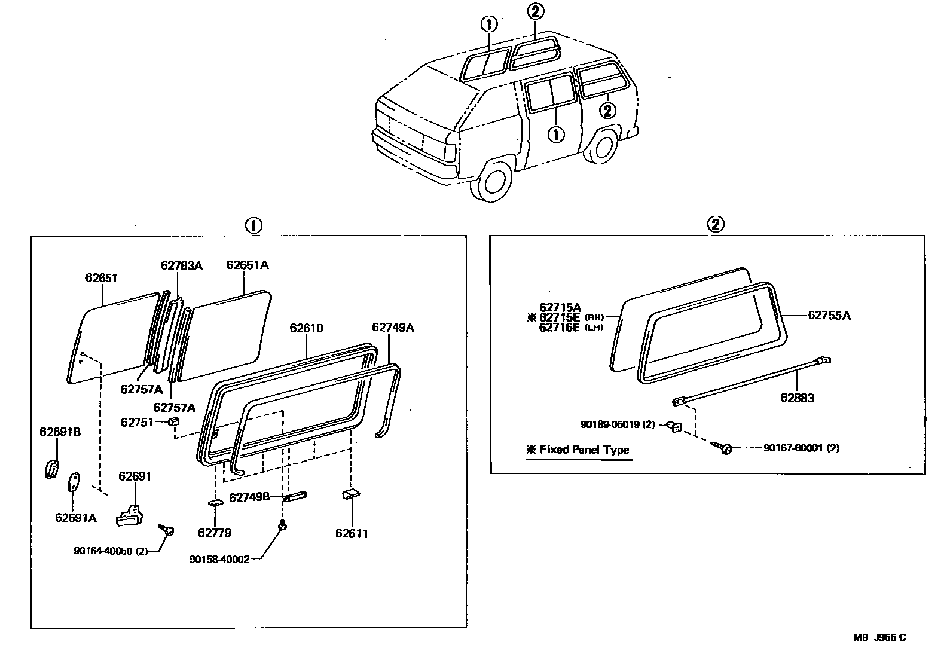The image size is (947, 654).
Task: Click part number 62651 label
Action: click(x=101, y=278)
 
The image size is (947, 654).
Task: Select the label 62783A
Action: click(x=181, y=265)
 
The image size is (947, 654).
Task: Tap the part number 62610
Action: click(x=306, y=328)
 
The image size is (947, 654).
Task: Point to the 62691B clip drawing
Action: click(x=51, y=469)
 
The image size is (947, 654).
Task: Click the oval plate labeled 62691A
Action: click(x=74, y=482)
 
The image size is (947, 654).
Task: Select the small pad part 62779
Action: click(x=215, y=503)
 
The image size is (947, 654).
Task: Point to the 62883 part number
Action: click(x=796, y=398)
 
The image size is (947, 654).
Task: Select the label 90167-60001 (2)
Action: click(x=801, y=448)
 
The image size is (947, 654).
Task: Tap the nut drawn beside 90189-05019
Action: click(x=674, y=426)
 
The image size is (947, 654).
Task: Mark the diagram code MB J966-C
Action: click(x=879, y=637)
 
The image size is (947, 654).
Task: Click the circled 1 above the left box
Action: click(x=253, y=225)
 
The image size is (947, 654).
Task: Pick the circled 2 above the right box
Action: click(x=716, y=224)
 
